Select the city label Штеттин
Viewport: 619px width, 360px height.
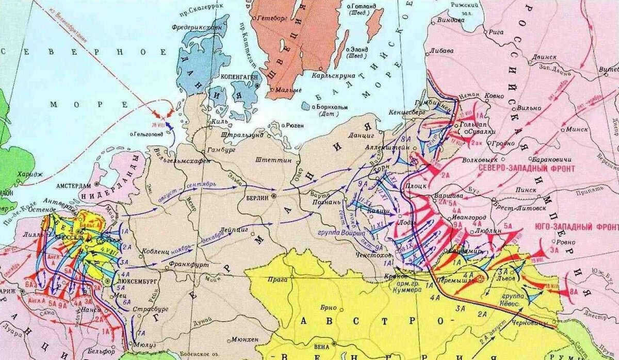point(270,160)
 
